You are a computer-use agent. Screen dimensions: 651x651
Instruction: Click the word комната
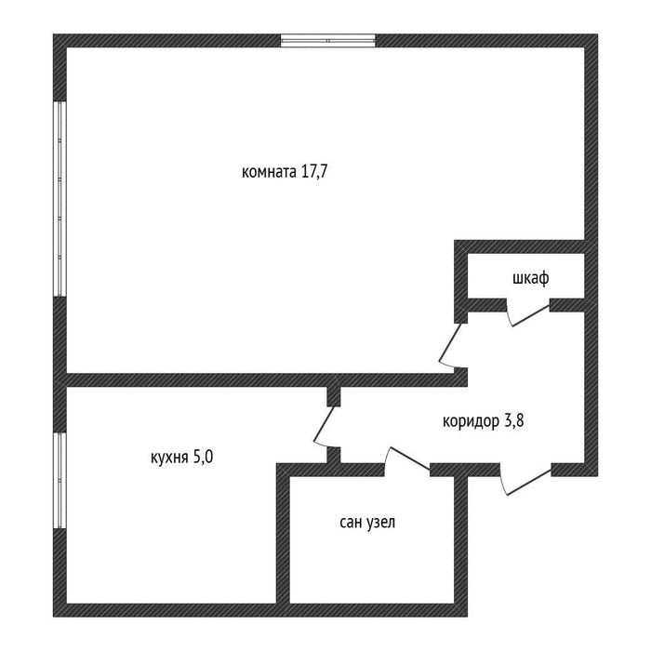point(269,171)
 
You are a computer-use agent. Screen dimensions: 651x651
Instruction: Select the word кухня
point(168,458)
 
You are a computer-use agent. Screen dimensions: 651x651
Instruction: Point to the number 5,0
point(203,458)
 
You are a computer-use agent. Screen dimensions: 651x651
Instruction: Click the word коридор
point(471,422)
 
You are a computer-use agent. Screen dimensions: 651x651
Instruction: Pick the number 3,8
point(514,421)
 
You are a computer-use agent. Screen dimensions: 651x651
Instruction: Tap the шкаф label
point(531,278)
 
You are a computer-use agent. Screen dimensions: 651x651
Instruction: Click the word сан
point(351,523)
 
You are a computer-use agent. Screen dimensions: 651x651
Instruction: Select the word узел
point(380,523)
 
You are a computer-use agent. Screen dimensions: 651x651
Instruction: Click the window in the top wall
point(328,40)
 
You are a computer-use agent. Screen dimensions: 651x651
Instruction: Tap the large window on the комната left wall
point(60,198)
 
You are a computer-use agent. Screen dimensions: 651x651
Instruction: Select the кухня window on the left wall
point(60,481)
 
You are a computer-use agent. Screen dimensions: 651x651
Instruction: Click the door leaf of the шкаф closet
point(531,315)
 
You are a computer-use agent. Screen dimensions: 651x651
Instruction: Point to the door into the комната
point(450,342)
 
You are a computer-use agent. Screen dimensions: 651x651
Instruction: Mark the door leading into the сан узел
point(409,458)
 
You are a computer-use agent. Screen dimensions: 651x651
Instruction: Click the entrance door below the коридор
point(529,482)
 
